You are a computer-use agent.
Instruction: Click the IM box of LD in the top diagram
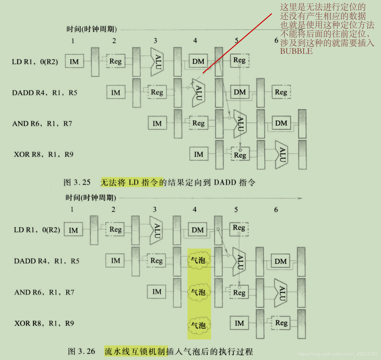click(74, 61)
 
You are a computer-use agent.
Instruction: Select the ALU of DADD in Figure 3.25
click(198, 93)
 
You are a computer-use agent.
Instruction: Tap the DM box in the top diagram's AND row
click(281, 123)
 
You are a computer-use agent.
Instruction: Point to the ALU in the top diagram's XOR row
click(282, 155)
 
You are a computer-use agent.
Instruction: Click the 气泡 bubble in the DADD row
click(198, 260)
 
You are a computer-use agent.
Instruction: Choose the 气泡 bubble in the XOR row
click(198, 325)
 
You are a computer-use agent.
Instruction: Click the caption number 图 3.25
click(77, 182)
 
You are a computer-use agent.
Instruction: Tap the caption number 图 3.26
click(81, 351)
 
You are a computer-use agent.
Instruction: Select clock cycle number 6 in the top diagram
click(276, 40)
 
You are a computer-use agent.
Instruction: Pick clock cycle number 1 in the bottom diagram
click(72, 210)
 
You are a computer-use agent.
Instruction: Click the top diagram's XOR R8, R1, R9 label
click(43, 154)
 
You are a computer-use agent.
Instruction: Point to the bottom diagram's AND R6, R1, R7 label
click(44, 292)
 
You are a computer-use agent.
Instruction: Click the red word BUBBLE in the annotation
click(296, 51)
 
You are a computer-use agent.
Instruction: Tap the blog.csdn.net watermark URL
click(338, 354)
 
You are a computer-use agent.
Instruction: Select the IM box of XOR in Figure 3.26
click(239, 323)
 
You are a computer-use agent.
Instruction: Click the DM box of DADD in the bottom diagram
click(280, 261)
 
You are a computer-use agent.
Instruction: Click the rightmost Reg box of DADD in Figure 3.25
click(281, 92)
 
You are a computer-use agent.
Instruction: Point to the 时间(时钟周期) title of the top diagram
click(91, 29)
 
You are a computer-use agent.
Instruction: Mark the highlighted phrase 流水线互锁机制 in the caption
click(136, 351)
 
